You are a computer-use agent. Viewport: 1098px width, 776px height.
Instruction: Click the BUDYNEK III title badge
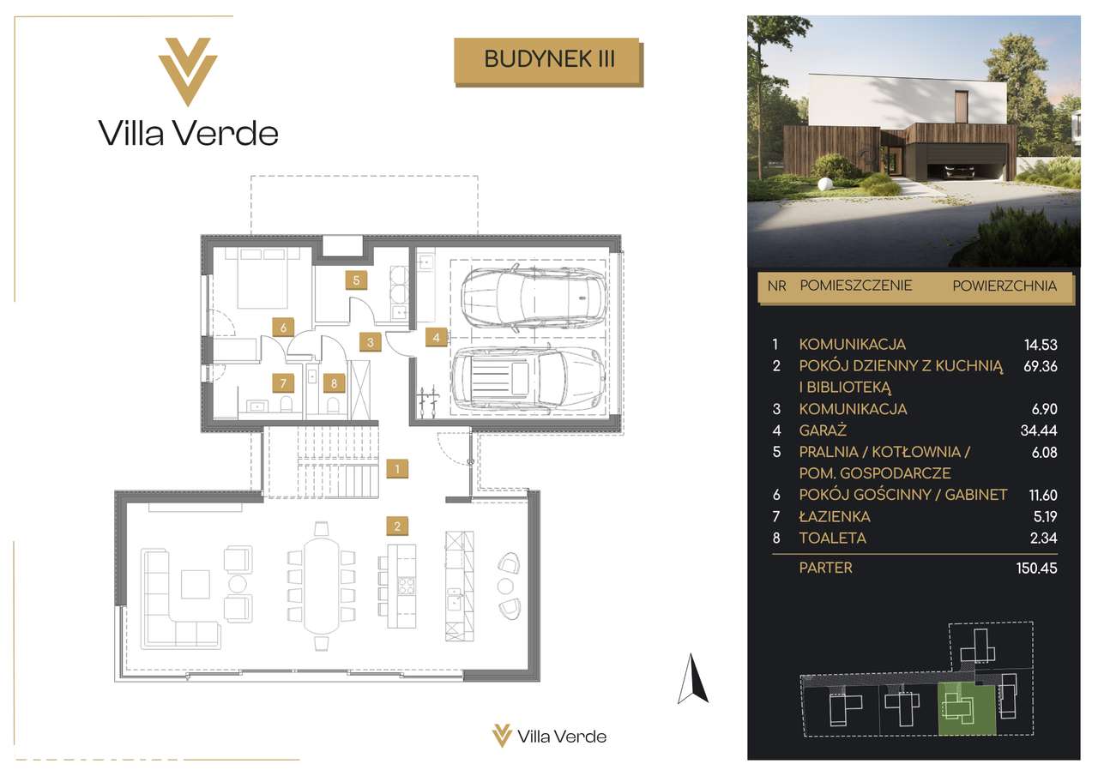(x=548, y=62)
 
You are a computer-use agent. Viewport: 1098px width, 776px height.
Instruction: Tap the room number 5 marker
(x=356, y=280)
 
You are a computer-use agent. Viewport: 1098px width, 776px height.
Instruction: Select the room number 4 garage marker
(x=437, y=337)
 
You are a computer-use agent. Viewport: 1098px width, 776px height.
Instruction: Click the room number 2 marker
(x=397, y=526)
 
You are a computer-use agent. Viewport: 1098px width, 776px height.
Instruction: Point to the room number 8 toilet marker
(x=334, y=383)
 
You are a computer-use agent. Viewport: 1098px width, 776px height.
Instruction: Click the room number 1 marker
(x=397, y=469)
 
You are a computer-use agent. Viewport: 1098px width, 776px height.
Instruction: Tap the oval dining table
(x=322, y=586)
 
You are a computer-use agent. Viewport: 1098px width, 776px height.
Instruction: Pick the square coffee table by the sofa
(x=196, y=584)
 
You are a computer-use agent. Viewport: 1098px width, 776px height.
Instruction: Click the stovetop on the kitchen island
(x=407, y=586)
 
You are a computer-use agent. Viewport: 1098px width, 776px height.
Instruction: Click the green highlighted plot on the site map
(x=967, y=717)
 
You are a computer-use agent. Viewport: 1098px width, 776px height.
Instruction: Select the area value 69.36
(x=1041, y=366)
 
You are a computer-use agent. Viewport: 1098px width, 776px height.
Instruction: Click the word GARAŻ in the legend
(x=823, y=430)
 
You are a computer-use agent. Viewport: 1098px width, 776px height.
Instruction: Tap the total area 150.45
(x=1037, y=568)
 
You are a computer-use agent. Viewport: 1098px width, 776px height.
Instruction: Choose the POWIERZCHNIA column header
(x=1004, y=286)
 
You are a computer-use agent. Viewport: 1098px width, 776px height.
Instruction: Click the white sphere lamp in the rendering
(x=825, y=184)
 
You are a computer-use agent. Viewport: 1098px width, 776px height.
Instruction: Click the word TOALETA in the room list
(x=832, y=538)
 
